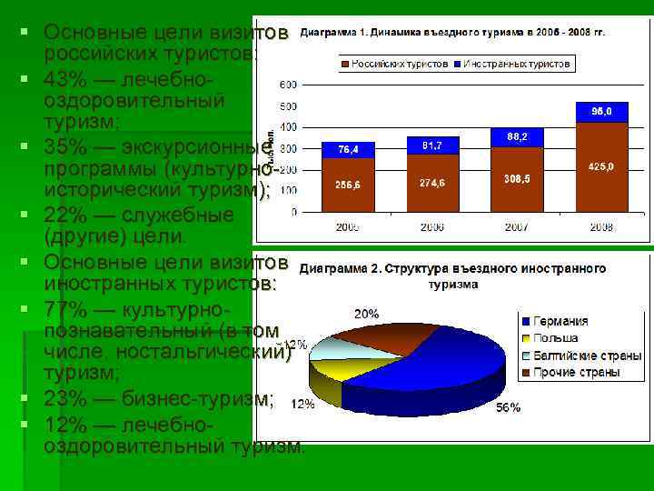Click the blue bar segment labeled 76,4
[348, 149]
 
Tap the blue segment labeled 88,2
[516, 136]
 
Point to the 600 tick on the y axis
[287, 85]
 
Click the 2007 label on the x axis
[516, 226]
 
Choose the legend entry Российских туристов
[399, 64]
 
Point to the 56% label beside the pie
[509, 408]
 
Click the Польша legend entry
[555, 338]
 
